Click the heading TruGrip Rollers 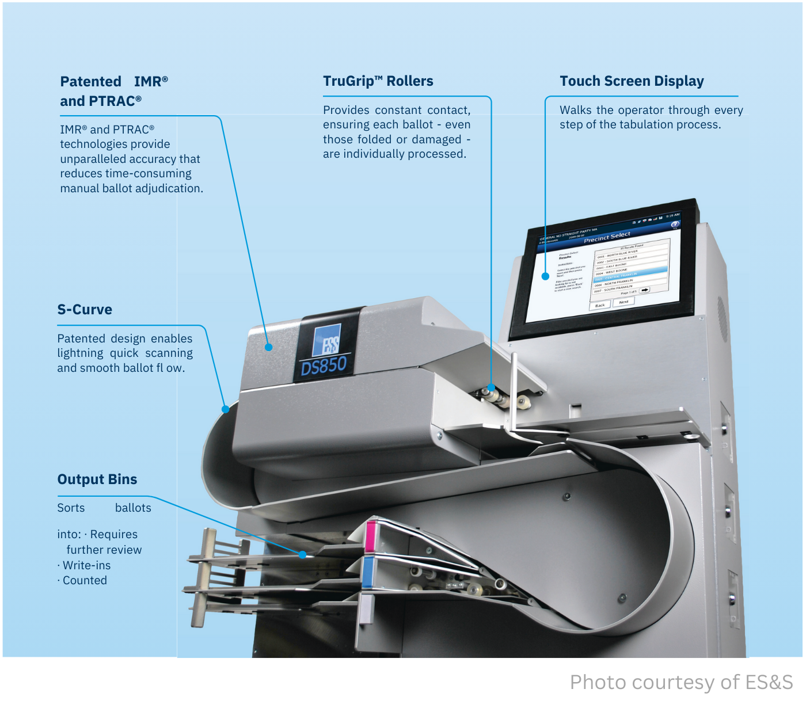[378, 81]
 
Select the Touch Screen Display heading [632, 81]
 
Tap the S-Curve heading [85, 310]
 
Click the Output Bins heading [97, 479]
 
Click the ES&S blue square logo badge [326, 341]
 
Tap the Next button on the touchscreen [623, 302]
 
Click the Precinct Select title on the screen [607, 237]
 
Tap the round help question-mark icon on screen [675, 224]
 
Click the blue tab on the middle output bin [367, 572]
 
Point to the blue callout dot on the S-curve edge [226, 409]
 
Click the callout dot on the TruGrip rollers [491, 387]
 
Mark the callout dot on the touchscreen [545, 276]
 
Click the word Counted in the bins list [85, 581]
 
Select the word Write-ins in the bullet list [86, 566]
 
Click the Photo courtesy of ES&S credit [681, 683]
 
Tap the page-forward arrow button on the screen [645, 290]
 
